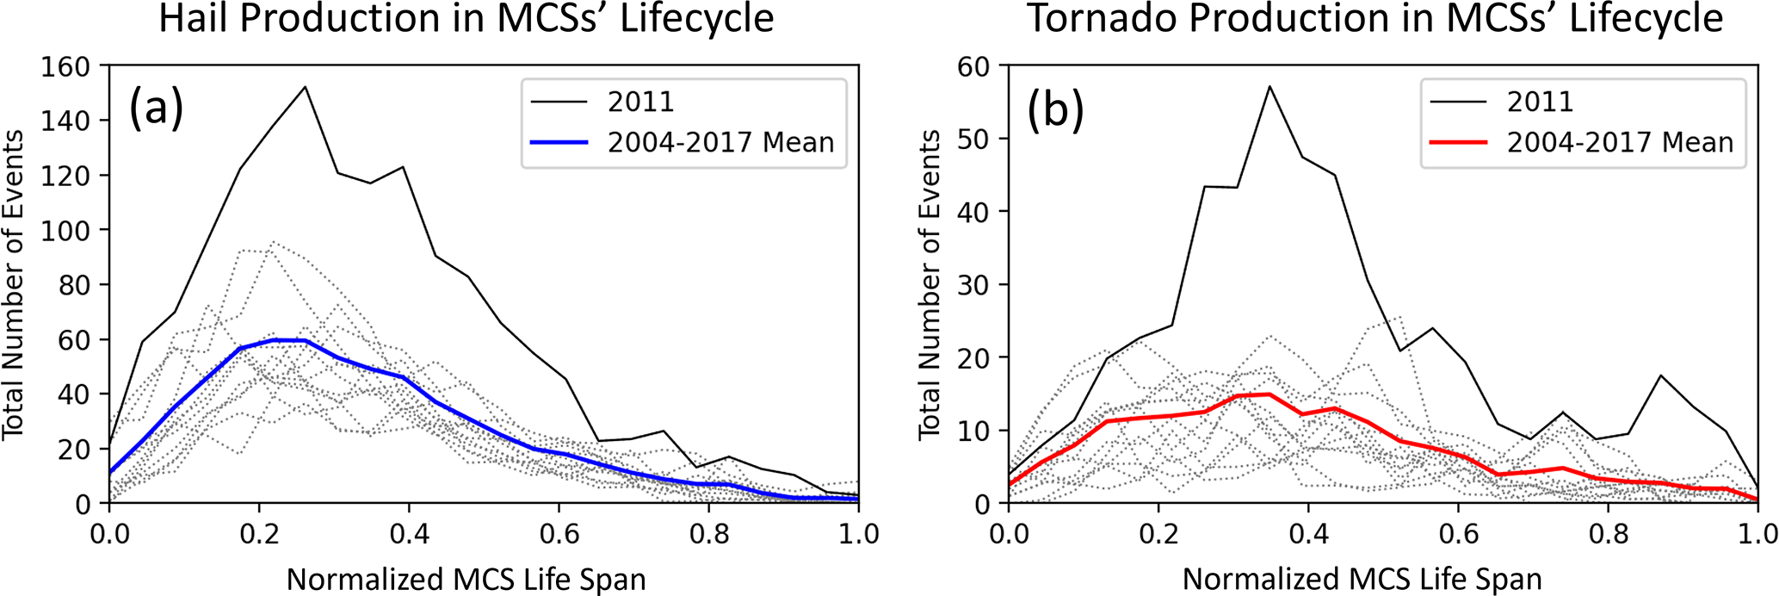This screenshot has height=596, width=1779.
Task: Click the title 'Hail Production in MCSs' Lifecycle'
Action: tap(466, 19)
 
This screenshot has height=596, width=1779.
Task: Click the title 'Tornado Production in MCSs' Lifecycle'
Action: tap(1374, 19)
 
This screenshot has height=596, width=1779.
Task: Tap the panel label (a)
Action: tap(156, 109)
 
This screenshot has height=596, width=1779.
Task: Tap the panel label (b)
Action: tap(1055, 109)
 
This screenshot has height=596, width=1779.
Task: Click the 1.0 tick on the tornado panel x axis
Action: tap(1756, 534)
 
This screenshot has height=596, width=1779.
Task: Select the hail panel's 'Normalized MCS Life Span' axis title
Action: tap(466, 579)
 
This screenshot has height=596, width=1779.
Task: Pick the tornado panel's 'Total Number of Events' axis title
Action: tap(930, 285)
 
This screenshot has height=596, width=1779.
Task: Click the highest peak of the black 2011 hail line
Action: tap(305, 86)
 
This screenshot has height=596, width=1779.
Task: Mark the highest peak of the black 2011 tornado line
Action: tap(1269, 86)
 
